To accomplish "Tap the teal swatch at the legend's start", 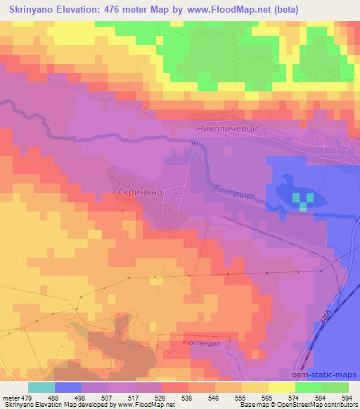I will (x=41, y=387).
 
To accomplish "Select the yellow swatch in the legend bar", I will (x=282, y=387).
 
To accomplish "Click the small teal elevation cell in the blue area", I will (x=303, y=204).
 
